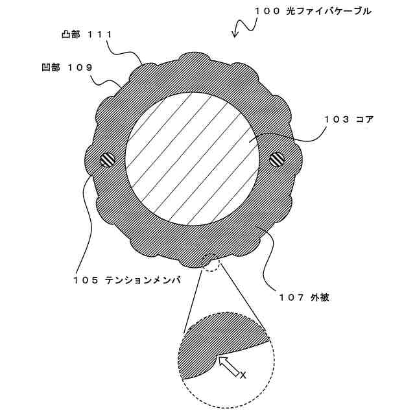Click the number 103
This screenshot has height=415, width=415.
click(339, 119)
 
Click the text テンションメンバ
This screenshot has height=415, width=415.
click(142, 280)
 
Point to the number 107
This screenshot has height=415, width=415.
click(291, 298)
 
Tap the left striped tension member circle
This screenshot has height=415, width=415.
click(107, 158)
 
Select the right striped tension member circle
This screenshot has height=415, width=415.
click(277, 158)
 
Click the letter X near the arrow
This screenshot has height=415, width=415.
click(243, 375)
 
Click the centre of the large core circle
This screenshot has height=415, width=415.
click(192, 159)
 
